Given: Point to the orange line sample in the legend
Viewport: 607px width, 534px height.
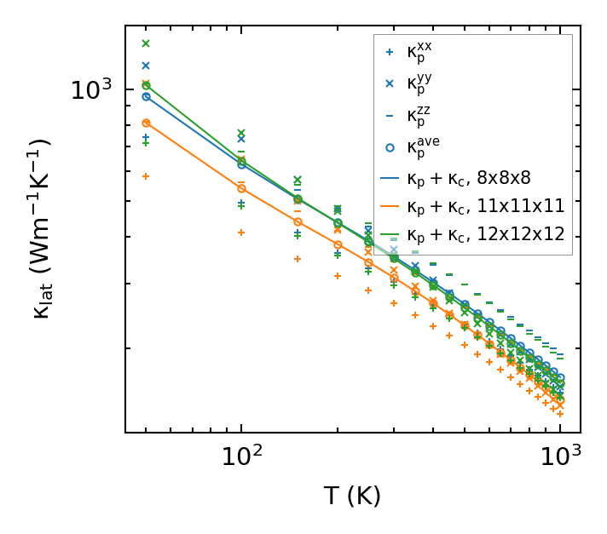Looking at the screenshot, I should coord(390,206).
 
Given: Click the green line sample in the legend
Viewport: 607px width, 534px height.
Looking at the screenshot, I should coord(390,234).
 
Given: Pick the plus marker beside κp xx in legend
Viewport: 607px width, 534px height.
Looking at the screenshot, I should coord(390,53).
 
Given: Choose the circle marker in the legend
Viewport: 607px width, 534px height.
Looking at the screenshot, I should coord(390,147).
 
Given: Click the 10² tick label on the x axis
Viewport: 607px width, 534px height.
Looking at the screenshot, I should coord(240,457).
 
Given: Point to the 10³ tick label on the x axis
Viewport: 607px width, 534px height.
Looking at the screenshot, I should coord(560,457).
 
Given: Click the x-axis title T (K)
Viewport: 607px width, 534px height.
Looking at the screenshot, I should coord(352,497).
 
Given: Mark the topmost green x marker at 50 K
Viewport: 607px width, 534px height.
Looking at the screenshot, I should coord(146,43).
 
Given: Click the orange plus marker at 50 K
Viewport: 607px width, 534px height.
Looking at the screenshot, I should coord(146,176).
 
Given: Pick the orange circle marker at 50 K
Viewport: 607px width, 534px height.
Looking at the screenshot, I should coord(146,123).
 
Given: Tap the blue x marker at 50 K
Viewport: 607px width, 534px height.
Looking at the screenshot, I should coord(146,66).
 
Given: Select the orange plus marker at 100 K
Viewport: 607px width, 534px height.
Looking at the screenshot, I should coord(241,233).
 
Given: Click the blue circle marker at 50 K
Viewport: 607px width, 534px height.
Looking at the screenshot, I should coord(146,96).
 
